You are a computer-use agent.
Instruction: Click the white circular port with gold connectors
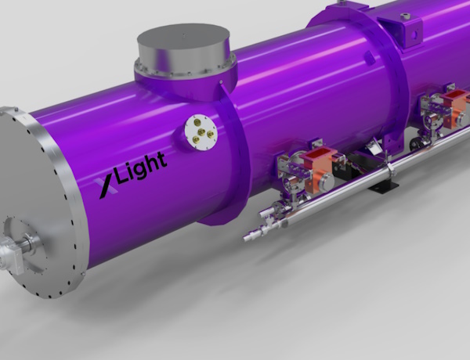201,132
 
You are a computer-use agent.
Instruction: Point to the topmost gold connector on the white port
197,122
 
